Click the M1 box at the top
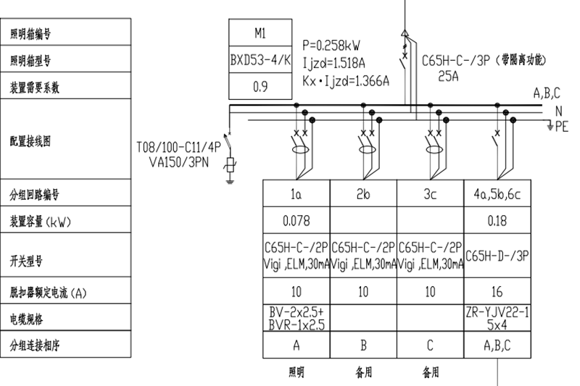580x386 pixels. point(260,33)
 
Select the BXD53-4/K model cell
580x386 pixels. point(260,59)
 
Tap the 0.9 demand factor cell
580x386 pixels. point(260,86)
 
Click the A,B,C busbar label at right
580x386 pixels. point(547,93)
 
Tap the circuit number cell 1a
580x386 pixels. point(296,194)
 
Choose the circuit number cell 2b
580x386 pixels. point(363,194)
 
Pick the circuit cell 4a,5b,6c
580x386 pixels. point(497,194)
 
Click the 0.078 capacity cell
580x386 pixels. point(296,219)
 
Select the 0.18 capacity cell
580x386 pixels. point(497,219)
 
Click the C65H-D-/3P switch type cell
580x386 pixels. point(497,256)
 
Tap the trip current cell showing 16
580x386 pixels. point(497,293)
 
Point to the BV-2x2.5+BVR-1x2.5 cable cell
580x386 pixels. point(296,319)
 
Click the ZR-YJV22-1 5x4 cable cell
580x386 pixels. point(497,319)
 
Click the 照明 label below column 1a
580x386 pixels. point(296,373)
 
